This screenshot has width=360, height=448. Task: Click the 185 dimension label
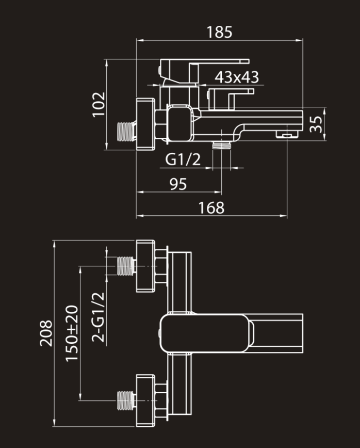[219, 32]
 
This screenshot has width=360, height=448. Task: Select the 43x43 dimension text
[237, 77]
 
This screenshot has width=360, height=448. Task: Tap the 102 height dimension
[99, 104]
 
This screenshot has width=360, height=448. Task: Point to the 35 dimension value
[316, 124]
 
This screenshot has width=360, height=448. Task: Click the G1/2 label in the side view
[183, 159]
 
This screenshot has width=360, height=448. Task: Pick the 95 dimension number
[178, 184]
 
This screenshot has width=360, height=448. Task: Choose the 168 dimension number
[211, 207]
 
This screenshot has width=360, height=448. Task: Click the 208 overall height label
[46, 333]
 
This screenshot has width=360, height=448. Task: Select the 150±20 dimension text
[72, 333]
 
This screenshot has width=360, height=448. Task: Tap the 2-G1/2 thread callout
[98, 317]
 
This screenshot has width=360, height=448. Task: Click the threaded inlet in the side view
[126, 132]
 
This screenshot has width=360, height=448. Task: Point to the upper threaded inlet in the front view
[126, 266]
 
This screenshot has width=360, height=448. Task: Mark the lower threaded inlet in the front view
[126, 401]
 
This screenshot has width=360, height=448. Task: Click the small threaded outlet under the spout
[221, 146]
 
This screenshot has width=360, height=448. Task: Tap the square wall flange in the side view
[145, 124]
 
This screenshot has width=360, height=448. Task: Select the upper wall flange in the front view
[145, 266]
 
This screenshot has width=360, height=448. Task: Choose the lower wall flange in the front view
[145, 401]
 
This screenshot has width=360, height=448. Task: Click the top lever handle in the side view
[204, 71]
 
